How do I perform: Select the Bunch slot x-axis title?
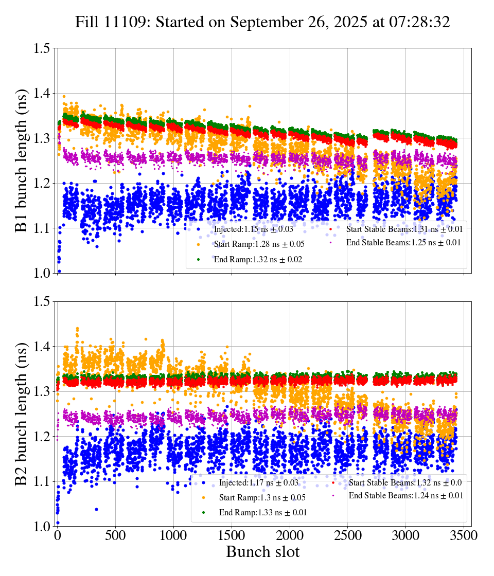point(262,552)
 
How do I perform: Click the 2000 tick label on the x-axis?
point(290,535)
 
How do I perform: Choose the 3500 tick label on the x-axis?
point(464,535)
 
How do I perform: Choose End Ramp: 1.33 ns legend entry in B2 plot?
point(263,512)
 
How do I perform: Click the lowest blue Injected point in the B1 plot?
point(59,271)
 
